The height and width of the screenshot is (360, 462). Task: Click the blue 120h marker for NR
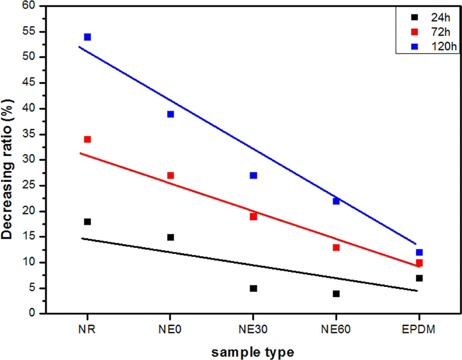coord(87,37)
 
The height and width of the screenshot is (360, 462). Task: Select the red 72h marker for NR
coord(87,139)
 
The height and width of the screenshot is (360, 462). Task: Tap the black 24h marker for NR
coord(87,222)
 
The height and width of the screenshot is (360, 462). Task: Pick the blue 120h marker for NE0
coord(170,114)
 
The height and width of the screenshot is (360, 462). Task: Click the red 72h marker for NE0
coord(170,175)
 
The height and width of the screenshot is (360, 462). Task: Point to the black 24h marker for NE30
coord(254,289)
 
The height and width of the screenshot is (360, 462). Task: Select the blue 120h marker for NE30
coord(254,175)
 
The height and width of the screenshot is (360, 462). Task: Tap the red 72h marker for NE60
coord(336,247)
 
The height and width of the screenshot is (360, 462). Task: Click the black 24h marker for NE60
coord(336,294)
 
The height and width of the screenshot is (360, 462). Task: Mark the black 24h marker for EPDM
coord(420,278)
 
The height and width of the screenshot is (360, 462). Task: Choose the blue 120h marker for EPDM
coord(420,252)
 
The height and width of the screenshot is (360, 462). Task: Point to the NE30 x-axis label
coord(253,329)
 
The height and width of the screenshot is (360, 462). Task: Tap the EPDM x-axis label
coord(418,329)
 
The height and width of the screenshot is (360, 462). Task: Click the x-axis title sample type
coord(253,352)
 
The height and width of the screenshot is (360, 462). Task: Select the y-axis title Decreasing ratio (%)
coord(7,169)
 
